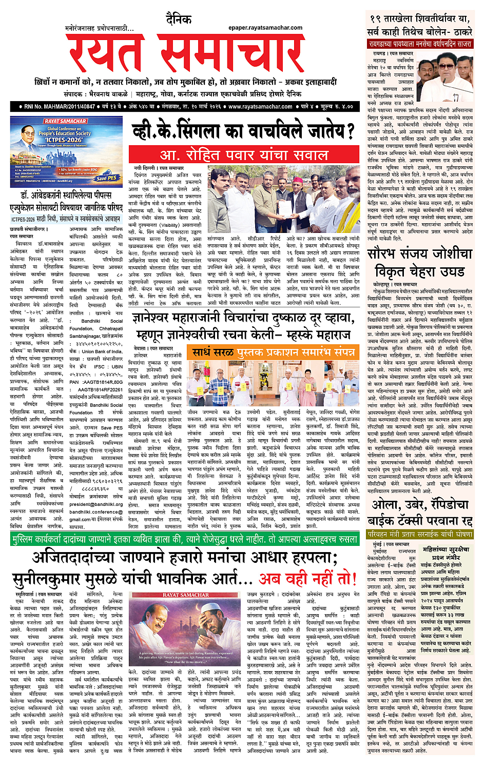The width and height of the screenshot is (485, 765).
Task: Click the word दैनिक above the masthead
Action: [179, 19]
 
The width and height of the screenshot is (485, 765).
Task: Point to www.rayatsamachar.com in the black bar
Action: [260, 107]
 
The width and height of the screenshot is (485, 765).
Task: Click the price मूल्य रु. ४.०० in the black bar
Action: [337, 107]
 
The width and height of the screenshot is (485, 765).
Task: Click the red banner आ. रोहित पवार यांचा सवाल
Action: [243, 154]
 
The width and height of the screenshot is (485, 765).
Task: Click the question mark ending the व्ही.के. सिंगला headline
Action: [350, 132]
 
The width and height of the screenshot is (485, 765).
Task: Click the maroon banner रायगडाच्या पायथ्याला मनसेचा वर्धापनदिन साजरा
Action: [419, 44]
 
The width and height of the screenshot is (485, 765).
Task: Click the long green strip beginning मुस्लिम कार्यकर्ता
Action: [184, 540]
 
